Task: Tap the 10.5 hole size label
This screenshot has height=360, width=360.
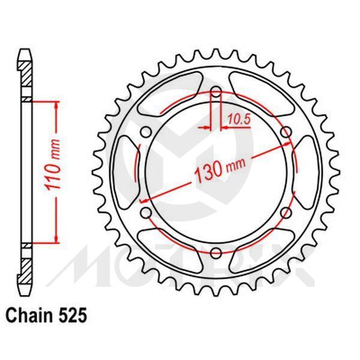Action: pos(238,120)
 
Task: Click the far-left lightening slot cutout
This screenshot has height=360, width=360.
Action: pos(125,172)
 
